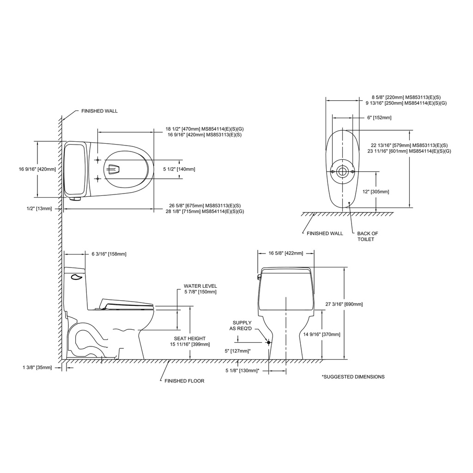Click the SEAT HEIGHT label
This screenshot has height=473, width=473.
(x=190, y=339)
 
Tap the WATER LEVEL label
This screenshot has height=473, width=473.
(x=200, y=286)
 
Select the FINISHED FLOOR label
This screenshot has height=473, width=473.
(x=184, y=381)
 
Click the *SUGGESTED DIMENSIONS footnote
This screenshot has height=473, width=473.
(x=353, y=377)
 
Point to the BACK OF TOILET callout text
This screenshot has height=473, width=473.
(x=367, y=236)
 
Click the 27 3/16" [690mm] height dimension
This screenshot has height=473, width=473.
(x=344, y=304)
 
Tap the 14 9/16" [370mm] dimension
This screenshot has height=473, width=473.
(x=321, y=334)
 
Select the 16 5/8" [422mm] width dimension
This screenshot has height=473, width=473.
(x=285, y=254)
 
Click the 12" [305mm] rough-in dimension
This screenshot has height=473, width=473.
(x=376, y=192)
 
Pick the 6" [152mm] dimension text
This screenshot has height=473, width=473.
(x=379, y=118)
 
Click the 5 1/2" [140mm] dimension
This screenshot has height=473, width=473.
(x=179, y=169)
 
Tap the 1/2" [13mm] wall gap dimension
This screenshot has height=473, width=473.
(x=39, y=208)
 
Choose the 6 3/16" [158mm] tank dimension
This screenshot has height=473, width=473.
(x=109, y=254)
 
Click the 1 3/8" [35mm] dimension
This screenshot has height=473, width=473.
(x=37, y=367)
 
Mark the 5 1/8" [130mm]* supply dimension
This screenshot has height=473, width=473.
(x=243, y=370)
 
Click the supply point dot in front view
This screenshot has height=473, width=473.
(x=268, y=342)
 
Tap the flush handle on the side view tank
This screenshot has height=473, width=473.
(x=76, y=277)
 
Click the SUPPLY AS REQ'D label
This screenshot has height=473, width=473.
(x=240, y=326)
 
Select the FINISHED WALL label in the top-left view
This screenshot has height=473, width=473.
(x=100, y=111)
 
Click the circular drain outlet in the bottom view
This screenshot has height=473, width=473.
(x=342, y=171)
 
